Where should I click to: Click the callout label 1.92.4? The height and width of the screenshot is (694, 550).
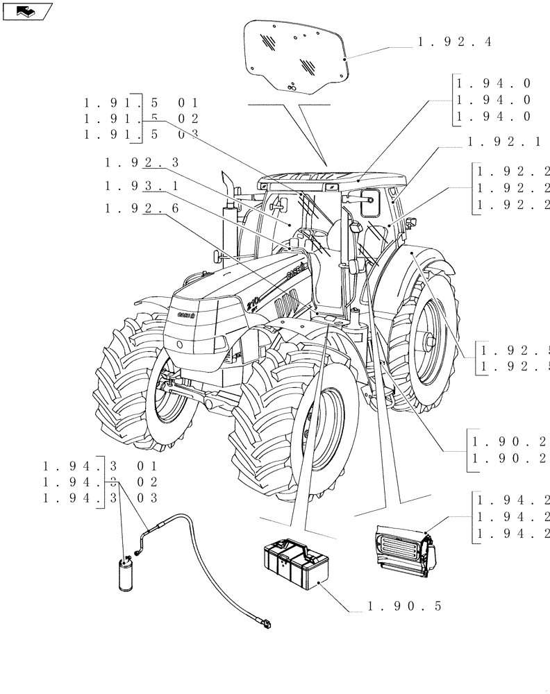[454, 42]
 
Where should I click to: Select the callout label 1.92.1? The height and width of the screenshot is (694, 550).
[504, 142]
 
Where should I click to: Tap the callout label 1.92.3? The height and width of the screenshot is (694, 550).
[142, 163]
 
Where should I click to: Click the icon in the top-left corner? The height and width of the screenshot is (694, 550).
[27, 10]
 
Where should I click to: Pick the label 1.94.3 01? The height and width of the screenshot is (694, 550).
[100, 466]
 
